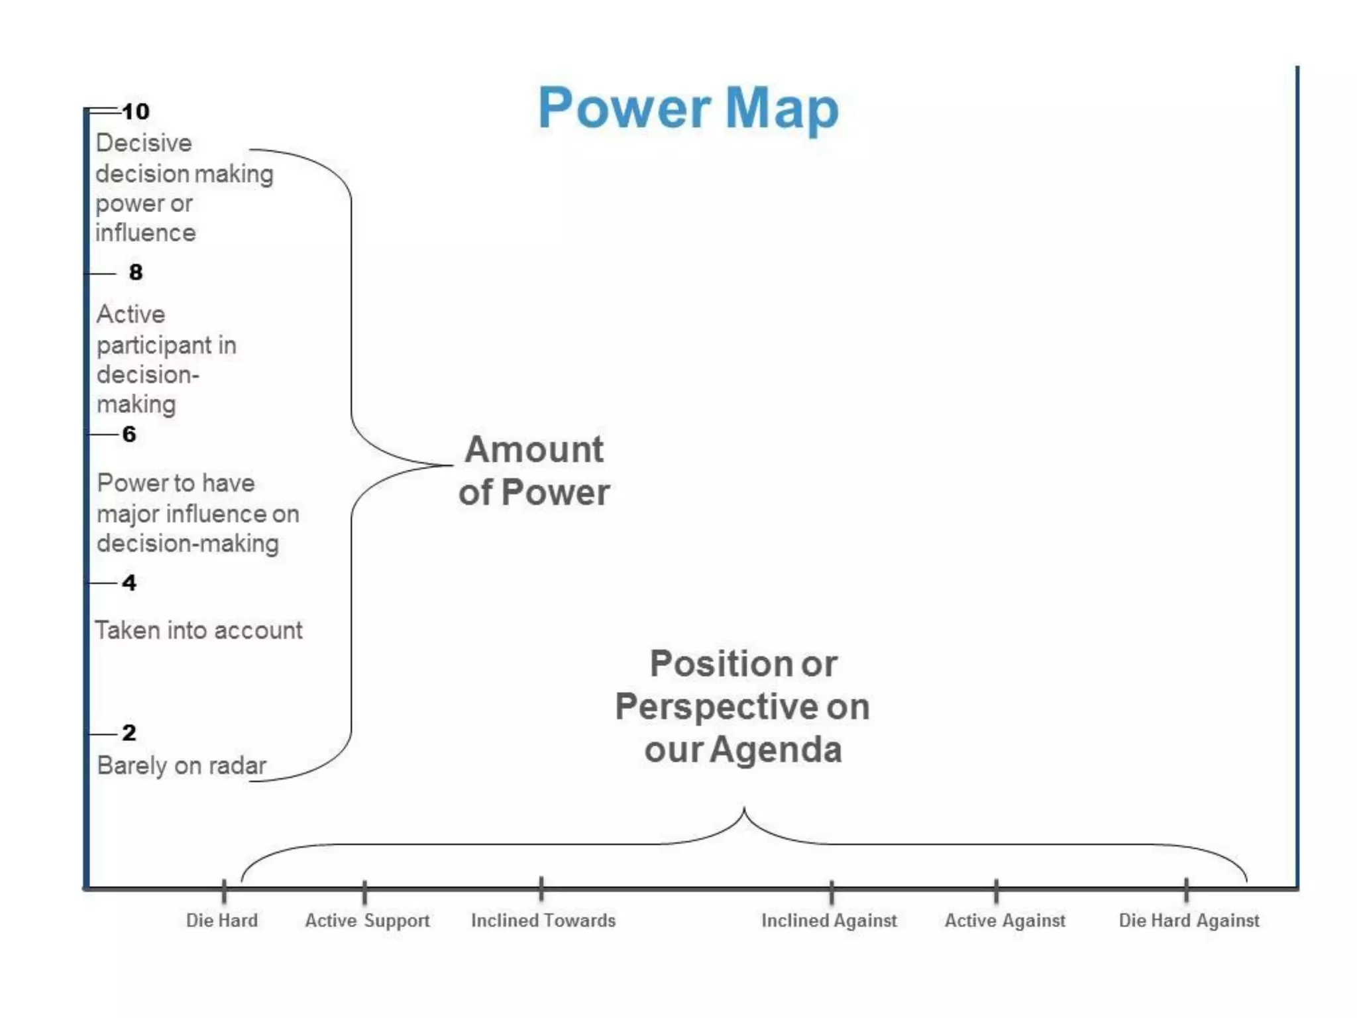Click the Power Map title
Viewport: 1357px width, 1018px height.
688,108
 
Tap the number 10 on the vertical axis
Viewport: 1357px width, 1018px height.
136,111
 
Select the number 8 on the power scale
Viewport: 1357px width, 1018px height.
136,272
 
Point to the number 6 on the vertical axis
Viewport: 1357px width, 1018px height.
129,434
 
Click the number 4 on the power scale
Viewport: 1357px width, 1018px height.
129,583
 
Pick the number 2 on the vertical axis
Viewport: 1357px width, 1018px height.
129,732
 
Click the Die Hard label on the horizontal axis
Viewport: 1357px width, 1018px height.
222,921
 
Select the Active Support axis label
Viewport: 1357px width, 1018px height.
367,921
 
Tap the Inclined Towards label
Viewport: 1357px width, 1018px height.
543,921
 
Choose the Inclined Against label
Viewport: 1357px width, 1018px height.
829,921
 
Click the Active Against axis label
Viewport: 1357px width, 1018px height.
1005,921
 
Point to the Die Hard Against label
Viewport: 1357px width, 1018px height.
1189,921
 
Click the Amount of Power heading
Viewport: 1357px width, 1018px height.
534,471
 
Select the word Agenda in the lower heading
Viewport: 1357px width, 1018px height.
775,750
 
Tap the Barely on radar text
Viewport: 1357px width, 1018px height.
182,765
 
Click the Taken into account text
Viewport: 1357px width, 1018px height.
199,630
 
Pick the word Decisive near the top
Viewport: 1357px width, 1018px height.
144,143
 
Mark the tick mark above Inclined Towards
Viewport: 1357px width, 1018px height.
541,889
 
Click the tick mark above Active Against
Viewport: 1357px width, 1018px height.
996,891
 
